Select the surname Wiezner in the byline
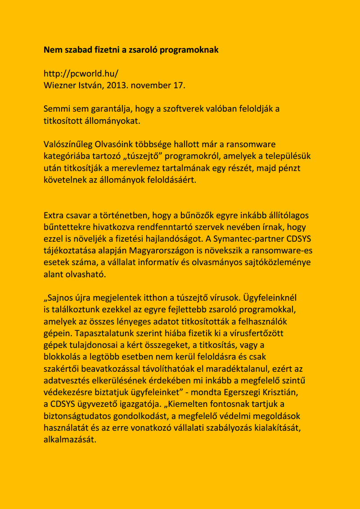[x=59, y=85]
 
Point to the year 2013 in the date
[x=118, y=85]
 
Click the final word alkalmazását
[x=70, y=439]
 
